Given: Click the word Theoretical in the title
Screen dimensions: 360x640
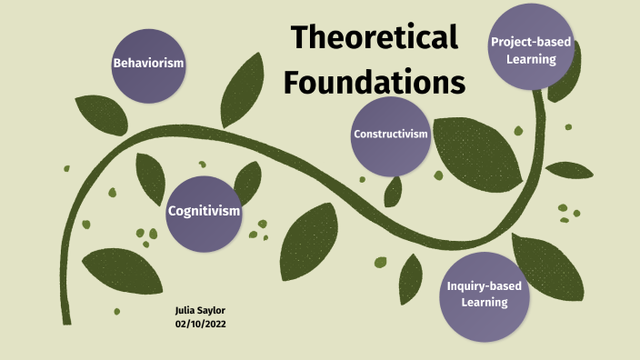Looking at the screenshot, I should [374, 38].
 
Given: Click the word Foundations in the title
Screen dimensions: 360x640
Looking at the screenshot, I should [374, 81].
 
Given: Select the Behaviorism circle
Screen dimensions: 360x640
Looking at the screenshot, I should [148, 64].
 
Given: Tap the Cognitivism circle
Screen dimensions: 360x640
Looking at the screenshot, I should [204, 211].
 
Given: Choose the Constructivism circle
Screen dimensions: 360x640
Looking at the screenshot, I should [390, 135].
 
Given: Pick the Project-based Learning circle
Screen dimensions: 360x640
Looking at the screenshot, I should [531, 49].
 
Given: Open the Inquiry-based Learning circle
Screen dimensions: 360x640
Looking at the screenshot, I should [484, 295].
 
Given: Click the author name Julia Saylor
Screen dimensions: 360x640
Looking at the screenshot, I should [199, 311].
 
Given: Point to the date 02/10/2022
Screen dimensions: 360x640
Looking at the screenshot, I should [200, 324].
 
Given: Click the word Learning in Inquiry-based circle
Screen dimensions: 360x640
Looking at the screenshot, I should [484, 303].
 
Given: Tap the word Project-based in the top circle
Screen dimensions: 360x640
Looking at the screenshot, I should [531, 42].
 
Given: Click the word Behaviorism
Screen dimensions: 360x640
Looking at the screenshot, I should [148, 64].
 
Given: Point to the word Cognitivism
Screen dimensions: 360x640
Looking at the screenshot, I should [204, 211].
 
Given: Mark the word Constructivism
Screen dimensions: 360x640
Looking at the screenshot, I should [390, 135].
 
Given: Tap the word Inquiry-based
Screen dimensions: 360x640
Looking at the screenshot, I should [484, 286].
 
